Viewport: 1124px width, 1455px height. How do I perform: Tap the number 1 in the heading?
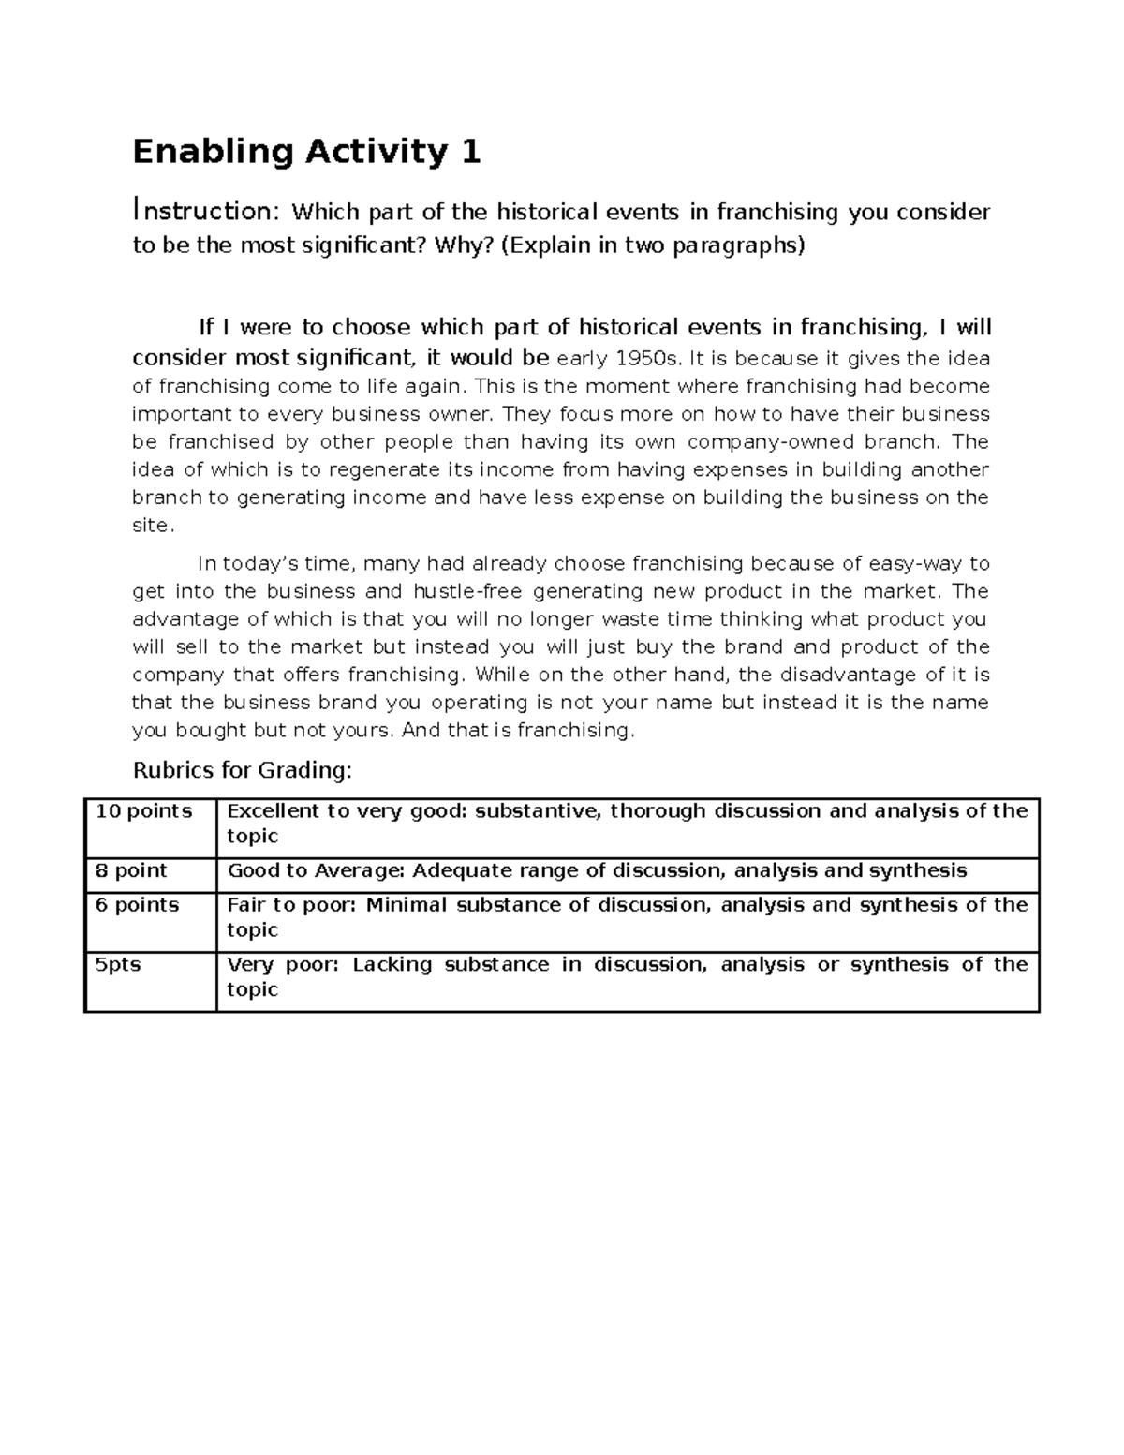470,151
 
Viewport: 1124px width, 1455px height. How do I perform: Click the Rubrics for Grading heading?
243,770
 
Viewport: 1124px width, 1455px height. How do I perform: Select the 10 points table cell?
144,811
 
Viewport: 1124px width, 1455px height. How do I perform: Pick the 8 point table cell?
131,870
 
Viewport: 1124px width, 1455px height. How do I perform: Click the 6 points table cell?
138,905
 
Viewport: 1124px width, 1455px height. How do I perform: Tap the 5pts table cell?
118,964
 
